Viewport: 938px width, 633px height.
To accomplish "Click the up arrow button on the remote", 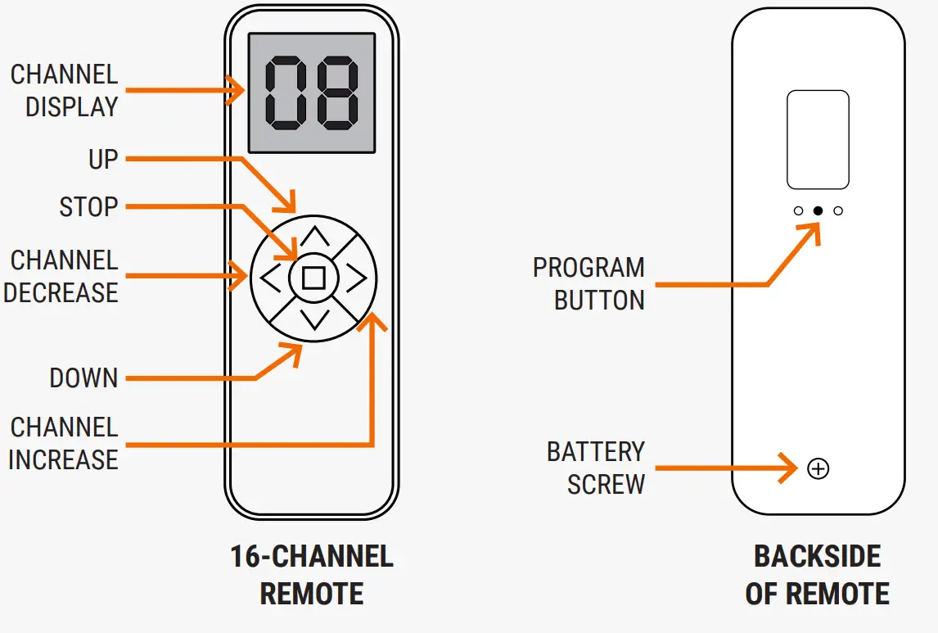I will pyautogui.click(x=314, y=238).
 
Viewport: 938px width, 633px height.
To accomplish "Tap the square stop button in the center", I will pyautogui.click(x=313, y=278).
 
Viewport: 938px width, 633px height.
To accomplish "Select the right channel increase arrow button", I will pyautogui.click(x=355, y=278).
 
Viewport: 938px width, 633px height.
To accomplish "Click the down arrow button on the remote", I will pyautogui.click(x=314, y=319).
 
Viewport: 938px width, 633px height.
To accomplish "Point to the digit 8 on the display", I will pyautogui.click(x=337, y=93).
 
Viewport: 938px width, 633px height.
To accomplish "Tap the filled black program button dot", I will pyautogui.click(x=818, y=210).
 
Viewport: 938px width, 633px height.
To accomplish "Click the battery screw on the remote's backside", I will pyautogui.click(x=818, y=468).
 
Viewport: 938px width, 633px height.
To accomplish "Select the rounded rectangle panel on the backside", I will pyautogui.click(x=818, y=140).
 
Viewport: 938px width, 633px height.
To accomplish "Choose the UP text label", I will pyautogui.click(x=103, y=159).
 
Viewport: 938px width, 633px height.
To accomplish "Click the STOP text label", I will pyautogui.click(x=88, y=207).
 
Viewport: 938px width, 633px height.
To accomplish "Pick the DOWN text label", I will pyautogui.click(x=83, y=378).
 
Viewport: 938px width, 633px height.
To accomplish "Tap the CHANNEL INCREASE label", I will pyautogui.click(x=64, y=443).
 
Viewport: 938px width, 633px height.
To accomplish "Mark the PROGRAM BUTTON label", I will pyautogui.click(x=589, y=284).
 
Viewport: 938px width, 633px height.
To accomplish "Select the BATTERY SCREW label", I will pyautogui.click(x=596, y=468).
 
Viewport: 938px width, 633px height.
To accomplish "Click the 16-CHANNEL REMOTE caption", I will pyautogui.click(x=312, y=575).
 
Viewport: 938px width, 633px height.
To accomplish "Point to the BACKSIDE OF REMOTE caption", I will pyautogui.click(x=817, y=575).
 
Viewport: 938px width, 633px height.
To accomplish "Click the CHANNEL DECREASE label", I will pyautogui.click(x=62, y=277).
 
